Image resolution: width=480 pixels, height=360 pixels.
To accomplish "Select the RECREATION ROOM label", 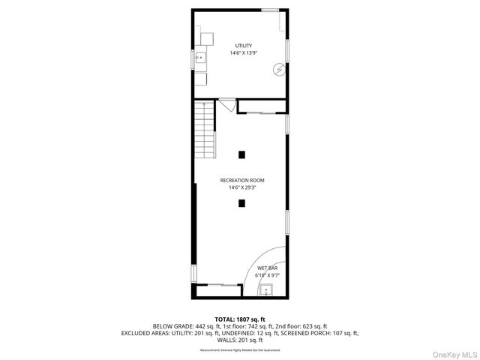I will [x=241, y=180].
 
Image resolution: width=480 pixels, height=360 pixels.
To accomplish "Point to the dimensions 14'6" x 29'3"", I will [x=241, y=187].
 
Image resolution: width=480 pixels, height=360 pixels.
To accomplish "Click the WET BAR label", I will [x=267, y=268].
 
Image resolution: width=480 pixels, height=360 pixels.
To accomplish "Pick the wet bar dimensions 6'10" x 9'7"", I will [x=267, y=275].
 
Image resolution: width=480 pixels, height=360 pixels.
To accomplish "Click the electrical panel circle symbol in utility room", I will [x=278, y=69].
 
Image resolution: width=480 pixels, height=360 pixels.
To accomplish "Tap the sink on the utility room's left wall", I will [x=200, y=57].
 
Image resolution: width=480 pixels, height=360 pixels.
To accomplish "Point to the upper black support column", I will [x=241, y=155].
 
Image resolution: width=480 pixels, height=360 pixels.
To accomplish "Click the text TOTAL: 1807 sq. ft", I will [x=240, y=319].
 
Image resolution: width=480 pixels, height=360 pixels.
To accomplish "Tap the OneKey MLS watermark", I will [x=454, y=352].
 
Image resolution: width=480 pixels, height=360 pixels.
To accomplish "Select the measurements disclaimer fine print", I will [x=240, y=350].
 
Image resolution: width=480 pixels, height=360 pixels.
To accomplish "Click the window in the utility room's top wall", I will [x=271, y=10].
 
